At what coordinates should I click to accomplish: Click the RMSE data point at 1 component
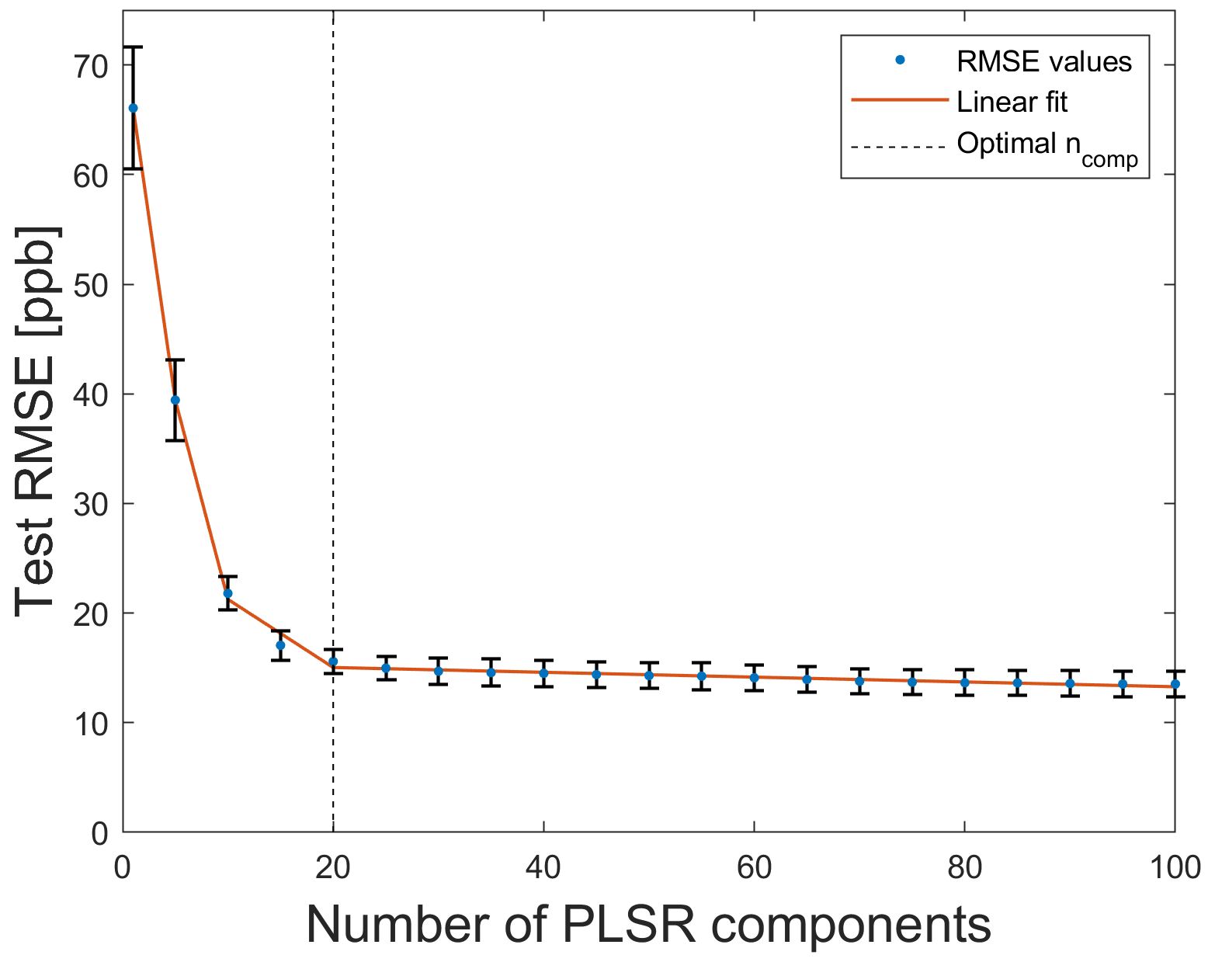pos(133,108)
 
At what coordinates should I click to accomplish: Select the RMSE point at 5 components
pos(175,400)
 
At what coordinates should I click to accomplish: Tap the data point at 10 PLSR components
pos(227,593)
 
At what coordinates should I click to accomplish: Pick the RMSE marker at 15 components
pos(280,645)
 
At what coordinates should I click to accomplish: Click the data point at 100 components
pos(1175,684)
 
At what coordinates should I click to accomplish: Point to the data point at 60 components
pos(754,678)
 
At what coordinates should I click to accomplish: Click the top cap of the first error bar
pos(133,47)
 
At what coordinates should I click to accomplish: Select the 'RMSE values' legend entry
pos(1043,61)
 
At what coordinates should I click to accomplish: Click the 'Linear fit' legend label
pos(1012,102)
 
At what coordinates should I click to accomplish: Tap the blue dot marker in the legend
pos(901,61)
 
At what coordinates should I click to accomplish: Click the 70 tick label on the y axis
pos(91,66)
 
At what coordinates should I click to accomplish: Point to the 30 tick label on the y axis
pos(91,504)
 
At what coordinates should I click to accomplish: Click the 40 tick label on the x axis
pos(543,868)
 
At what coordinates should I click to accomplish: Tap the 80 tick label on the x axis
pos(964,868)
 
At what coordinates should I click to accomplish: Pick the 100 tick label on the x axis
pos(1175,868)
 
